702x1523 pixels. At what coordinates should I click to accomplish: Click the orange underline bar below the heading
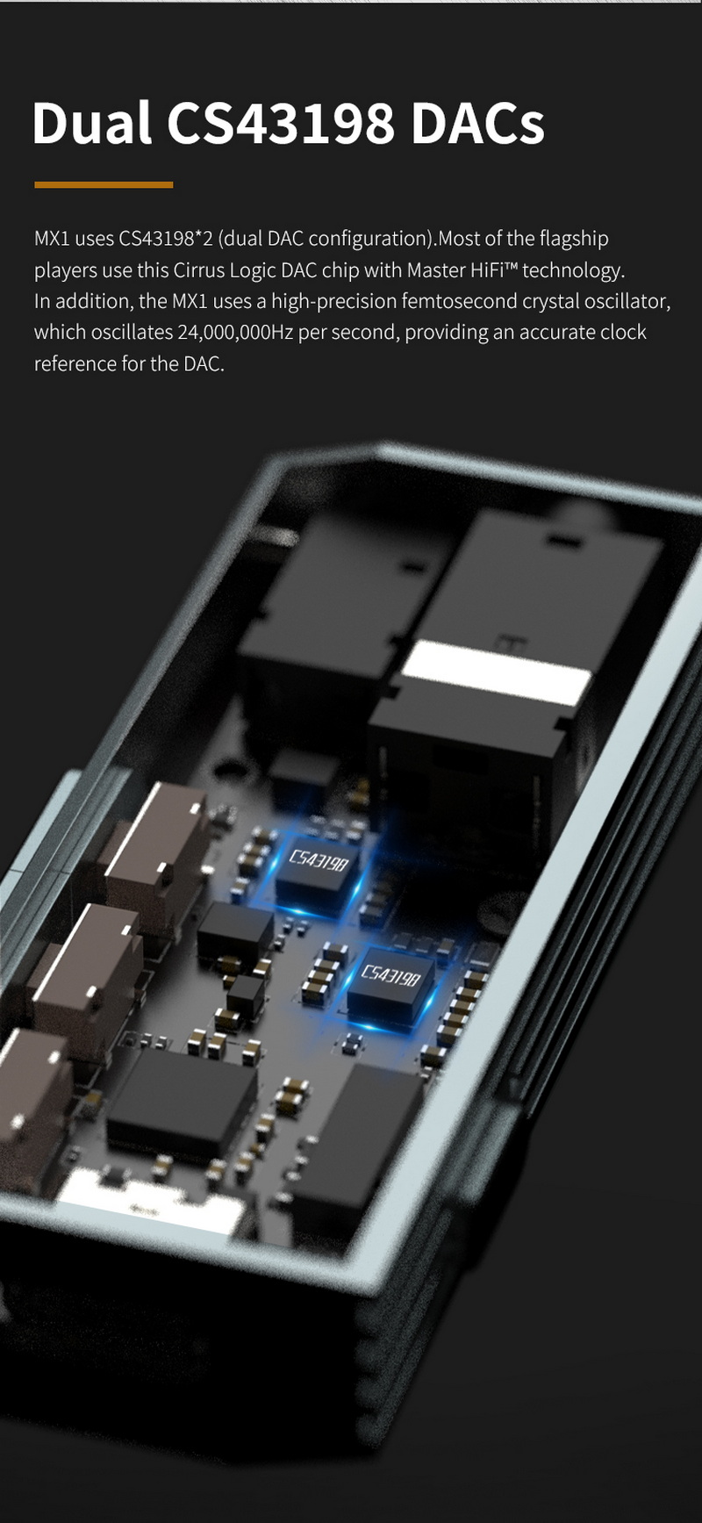click(x=104, y=185)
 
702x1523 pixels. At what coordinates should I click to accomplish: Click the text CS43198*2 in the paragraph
click(x=166, y=239)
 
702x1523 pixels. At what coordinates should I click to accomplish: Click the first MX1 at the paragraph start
click(x=51, y=239)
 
